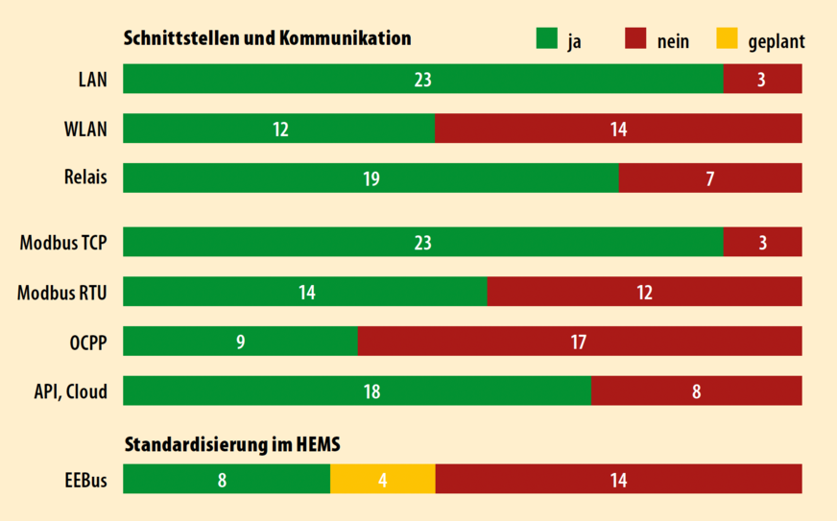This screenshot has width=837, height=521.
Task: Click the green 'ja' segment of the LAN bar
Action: pyautogui.click(x=422, y=79)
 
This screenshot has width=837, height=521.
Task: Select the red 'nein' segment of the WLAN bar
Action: pyautogui.click(x=618, y=129)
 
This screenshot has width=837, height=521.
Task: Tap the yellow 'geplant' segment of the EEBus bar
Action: pyautogui.click(x=382, y=479)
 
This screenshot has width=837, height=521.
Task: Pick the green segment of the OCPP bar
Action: pyautogui.click(x=240, y=341)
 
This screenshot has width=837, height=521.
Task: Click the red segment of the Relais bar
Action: pyautogui.click(x=710, y=178)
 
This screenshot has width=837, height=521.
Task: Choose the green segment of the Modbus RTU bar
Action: pyautogui.click(x=305, y=292)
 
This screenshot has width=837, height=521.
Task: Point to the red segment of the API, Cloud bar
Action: pyautogui.click(x=696, y=391)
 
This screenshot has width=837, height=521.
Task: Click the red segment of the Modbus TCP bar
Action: pyautogui.click(x=762, y=243)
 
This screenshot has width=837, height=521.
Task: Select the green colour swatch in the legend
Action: pyautogui.click(x=546, y=39)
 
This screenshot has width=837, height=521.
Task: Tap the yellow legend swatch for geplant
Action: pyautogui.click(x=728, y=39)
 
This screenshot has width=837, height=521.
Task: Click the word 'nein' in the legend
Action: pyautogui.click(x=673, y=40)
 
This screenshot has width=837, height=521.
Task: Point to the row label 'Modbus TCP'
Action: pyautogui.click(x=63, y=243)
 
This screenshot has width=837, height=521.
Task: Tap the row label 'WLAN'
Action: pyautogui.click(x=85, y=129)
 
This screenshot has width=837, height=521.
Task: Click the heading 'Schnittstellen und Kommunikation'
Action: pyautogui.click(x=267, y=38)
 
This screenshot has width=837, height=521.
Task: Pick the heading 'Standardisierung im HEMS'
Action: pyautogui.click(x=232, y=444)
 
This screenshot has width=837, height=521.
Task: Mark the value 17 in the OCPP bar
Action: pyautogui.click(x=579, y=341)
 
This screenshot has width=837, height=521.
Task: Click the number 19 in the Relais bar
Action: pyautogui.click(x=371, y=178)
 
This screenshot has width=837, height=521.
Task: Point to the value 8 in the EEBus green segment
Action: pyautogui.click(x=222, y=479)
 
